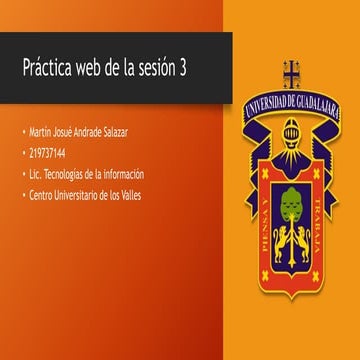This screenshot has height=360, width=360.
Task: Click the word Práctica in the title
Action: (x=49, y=68)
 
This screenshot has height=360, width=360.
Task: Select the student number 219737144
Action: (x=48, y=154)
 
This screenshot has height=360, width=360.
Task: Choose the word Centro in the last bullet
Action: (x=44, y=195)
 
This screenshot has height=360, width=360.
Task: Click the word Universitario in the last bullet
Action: (x=82, y=195)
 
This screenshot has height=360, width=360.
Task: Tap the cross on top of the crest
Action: (x=291, y=72)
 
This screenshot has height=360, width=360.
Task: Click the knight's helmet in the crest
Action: (x=291, y=132)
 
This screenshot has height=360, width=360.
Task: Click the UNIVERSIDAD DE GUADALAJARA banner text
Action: (x=291, y=101)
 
